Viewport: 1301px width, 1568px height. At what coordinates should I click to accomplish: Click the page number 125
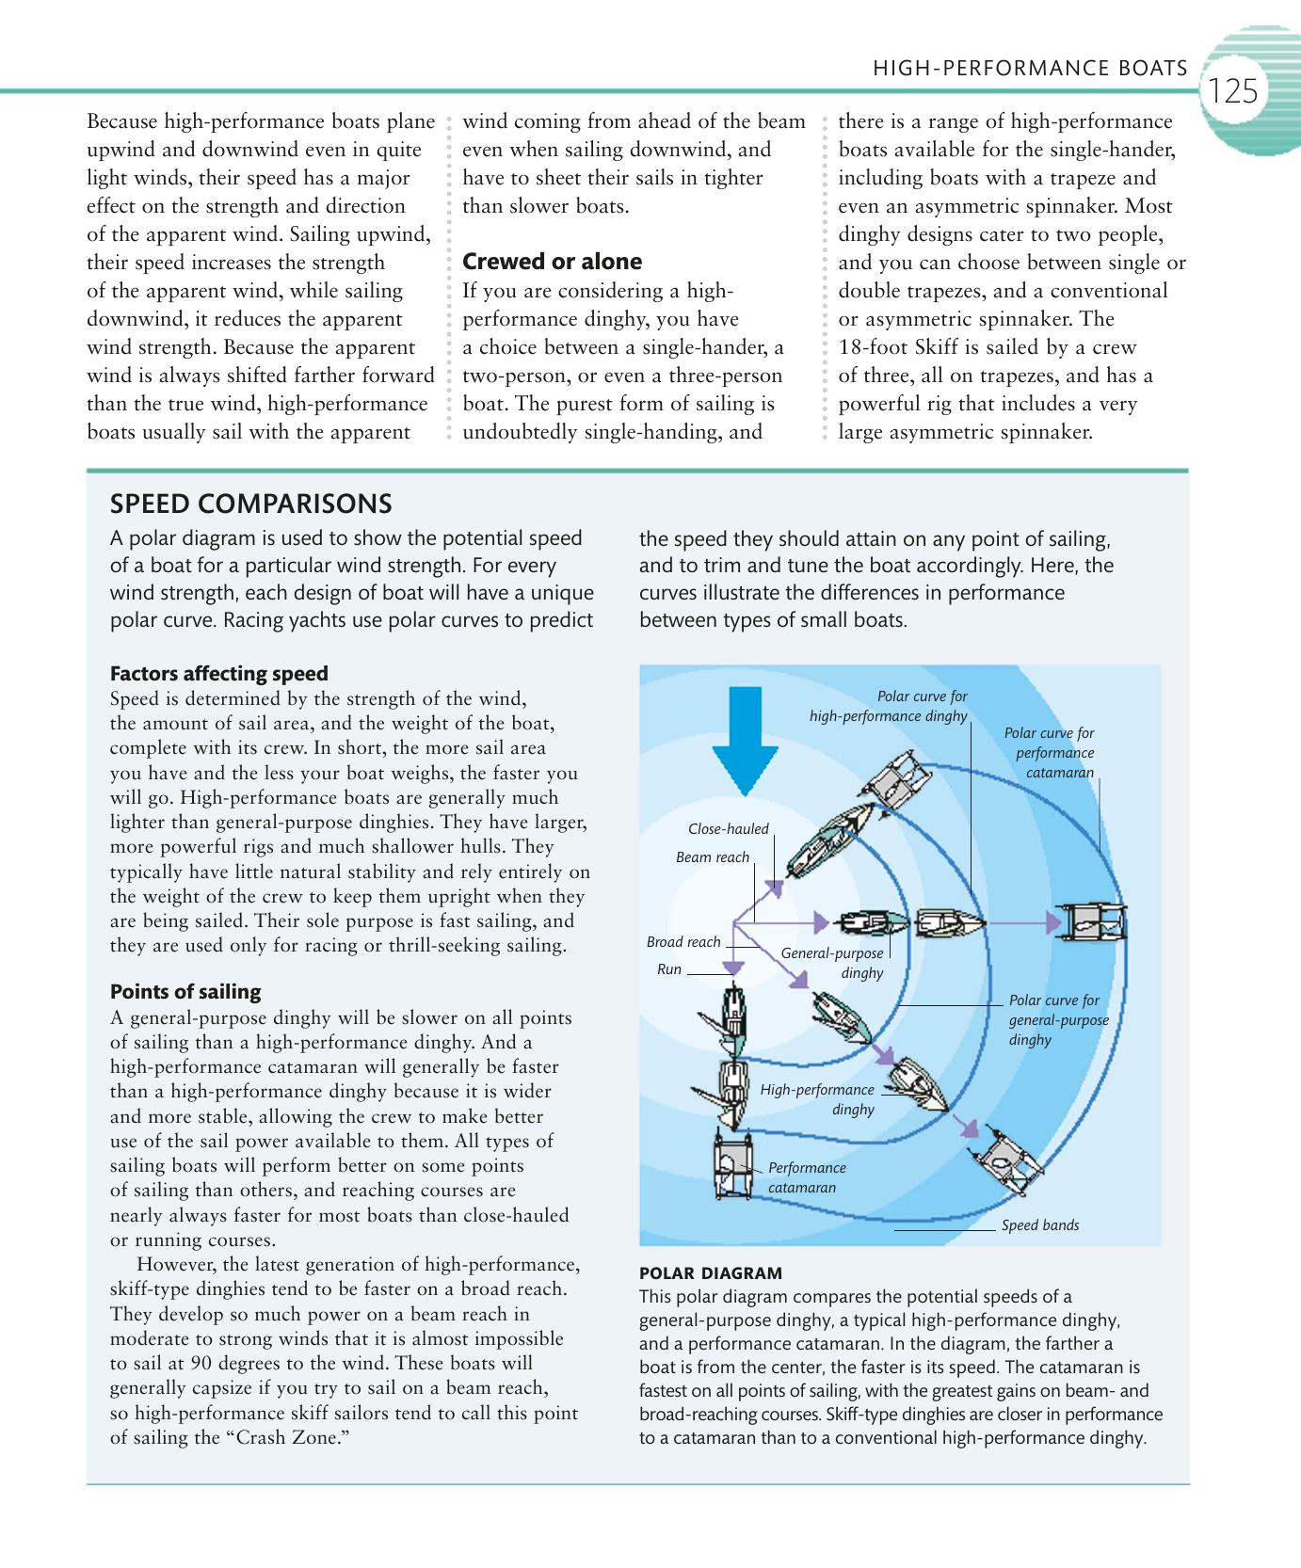coord(1233,91)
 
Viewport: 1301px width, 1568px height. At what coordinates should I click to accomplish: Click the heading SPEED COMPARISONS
coord(250,504)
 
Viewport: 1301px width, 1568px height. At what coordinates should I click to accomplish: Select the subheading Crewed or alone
coord(552,262)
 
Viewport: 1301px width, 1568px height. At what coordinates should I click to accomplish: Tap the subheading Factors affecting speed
coord(219,674)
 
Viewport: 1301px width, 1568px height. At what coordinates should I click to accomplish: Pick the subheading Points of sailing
coord(185,992)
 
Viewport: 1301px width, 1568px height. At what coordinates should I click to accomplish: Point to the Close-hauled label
coord(728,829)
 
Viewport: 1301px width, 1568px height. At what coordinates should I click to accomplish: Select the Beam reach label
coord(713,857)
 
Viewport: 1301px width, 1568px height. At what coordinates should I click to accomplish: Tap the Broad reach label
coord(683,942)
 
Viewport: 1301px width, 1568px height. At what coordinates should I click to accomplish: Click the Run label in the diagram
coord(668,969)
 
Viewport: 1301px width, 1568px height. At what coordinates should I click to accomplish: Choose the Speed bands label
coord(1039,1225)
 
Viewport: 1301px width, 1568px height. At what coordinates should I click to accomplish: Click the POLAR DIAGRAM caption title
coord(710,1273)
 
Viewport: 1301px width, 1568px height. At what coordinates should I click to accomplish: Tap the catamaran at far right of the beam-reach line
coord(1092,923)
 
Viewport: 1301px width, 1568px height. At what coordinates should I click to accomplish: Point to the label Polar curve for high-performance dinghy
coord(889,706)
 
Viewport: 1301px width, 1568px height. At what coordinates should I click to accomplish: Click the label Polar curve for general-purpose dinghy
coord(1057,1020)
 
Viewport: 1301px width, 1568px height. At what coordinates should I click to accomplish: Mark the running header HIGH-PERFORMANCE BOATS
coord(1030,68)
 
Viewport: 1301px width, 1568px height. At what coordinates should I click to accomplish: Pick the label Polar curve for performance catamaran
coord(1051,753)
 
